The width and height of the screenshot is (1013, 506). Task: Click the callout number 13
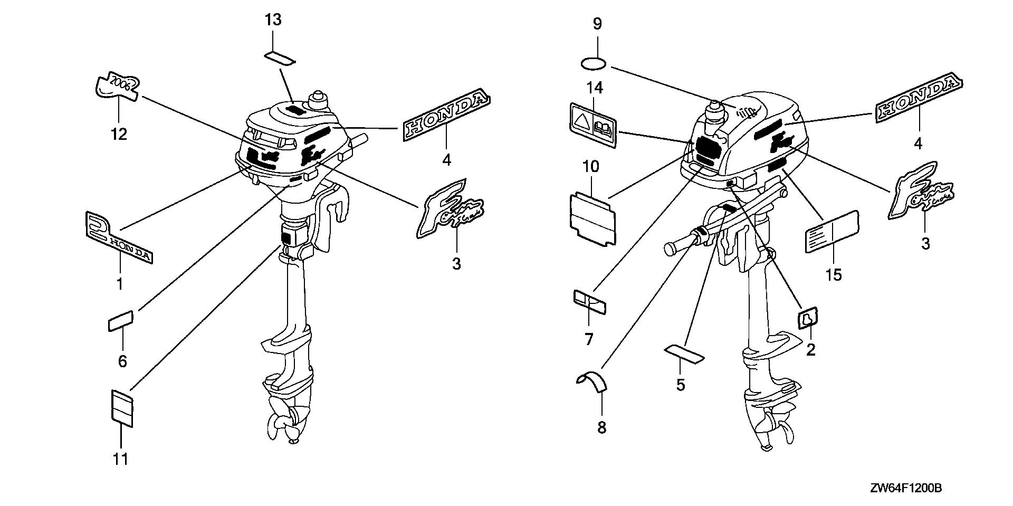click(x=273, y=20)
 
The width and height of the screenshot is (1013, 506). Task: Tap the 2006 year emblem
click(x=118, y=85)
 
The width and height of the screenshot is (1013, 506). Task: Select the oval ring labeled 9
click(x=594, y=64)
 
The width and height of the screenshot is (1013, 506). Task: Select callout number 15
click(x=834, y=275)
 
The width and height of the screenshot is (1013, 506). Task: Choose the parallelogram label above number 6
click(x=121, y=321)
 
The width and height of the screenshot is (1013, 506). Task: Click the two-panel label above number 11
click(x=122, y=407)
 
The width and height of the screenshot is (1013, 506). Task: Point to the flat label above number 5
click(x=684, y=354)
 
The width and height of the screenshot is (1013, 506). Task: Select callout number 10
click(x=591, y=167)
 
